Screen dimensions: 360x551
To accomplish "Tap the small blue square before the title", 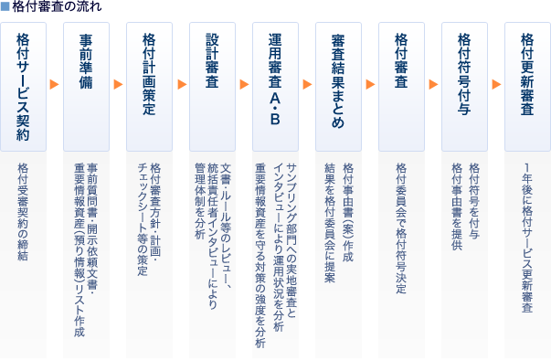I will click(x=5, y=6).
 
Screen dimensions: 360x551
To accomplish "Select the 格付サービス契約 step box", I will click(x=23, y=87).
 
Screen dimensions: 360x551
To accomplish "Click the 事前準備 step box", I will click(x=86, y=87).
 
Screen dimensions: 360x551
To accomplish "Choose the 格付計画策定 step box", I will click(x=149, y=87).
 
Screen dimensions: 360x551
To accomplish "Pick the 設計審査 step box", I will click(x=212, y=87).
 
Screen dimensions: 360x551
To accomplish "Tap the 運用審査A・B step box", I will click(x=275, y=87).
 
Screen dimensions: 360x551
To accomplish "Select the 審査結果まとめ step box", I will click(x=338, y=87).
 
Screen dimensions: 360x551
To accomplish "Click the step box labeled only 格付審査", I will click(x=401, y=87).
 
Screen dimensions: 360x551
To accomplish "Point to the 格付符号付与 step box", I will click(x=464, y=87).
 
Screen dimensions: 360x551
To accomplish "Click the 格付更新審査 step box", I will click(x=527, y=87).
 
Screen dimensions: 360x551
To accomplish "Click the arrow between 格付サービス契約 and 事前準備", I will click(x=54, y=84).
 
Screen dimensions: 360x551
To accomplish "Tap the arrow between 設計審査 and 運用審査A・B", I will click(x=244, y=84).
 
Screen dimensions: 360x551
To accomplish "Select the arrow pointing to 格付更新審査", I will click(x=496, y=84).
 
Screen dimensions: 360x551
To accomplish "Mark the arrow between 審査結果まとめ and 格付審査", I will click(x=370, y=84).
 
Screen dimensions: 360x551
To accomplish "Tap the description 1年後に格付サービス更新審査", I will click(x=527, y=238).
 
